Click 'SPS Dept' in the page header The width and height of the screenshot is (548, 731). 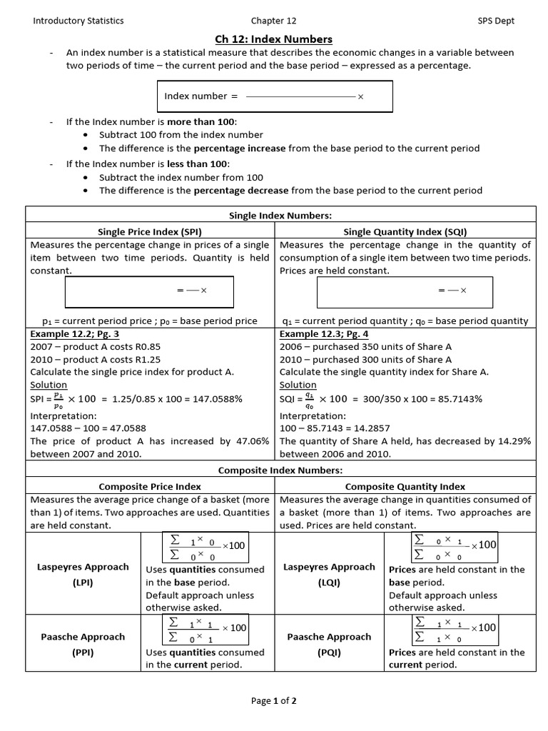[x=496, y=21]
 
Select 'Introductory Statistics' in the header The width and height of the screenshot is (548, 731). [x=78, y=21]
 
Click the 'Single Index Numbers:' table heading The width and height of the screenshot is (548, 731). [x=280, y=215]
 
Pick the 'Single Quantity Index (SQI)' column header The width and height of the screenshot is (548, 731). [x=405, y=232]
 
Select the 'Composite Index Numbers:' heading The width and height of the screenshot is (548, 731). [x=280, y=470]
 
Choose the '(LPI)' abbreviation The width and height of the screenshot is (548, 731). [x=83, y=583]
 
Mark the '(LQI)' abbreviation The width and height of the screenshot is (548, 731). [x=329, y=583]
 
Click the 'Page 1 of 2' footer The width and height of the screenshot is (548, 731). [x=274, y=701]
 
